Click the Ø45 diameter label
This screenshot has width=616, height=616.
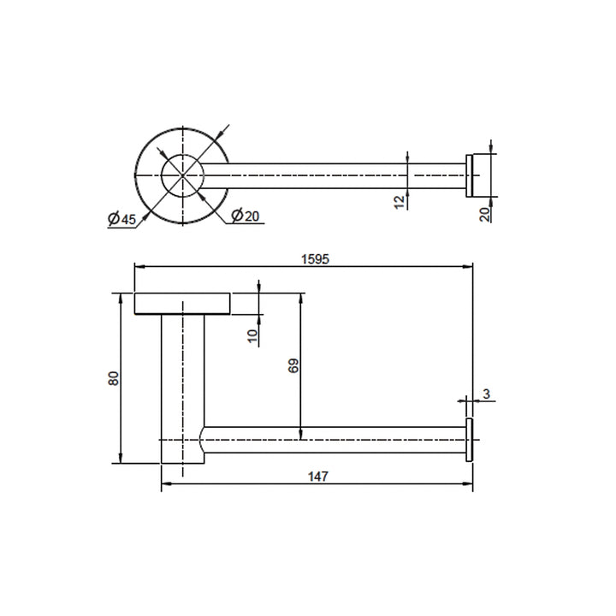121,219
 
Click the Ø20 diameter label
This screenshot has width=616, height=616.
246,216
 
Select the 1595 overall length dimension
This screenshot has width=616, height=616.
315,259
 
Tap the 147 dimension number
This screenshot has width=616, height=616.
317,477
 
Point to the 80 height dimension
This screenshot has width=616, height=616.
113,378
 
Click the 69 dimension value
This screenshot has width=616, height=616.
293,365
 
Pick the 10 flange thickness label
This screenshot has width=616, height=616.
253,335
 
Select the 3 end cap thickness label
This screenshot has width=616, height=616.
486,394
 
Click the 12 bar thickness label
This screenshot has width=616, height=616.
400,202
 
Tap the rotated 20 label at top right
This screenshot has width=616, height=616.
486,214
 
